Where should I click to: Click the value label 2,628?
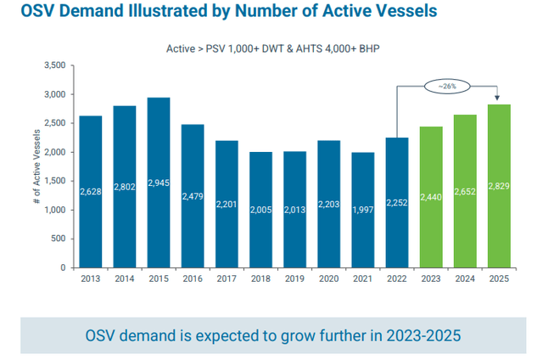point(91,192)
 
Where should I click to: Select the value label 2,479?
point(193,196)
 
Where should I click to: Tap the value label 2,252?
point(397,202)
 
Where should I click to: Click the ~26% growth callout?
point(448,86)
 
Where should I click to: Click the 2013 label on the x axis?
point(91,278)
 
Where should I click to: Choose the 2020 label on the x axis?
point(329,278)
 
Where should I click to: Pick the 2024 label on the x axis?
point(465,278)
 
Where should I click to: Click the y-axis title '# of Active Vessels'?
point(37,166)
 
